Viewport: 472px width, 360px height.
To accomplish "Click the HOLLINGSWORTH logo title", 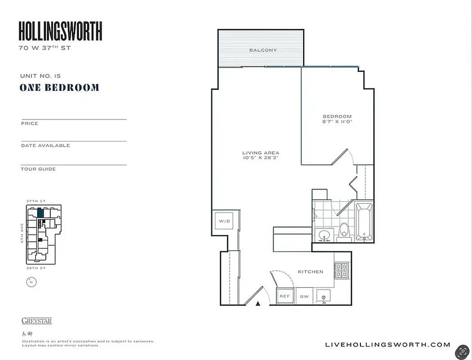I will pyautogui.click(x=60, y=31).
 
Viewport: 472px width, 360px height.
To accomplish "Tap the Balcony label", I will pyautogui.click(x=263, y=50).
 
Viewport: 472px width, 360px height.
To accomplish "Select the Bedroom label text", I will pyautogui.click(x=337, y=117).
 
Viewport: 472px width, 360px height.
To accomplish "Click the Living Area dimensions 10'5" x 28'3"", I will pyautogui.click(x=261, y=158).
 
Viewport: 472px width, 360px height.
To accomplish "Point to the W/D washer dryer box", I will pyautogui.click(x=224, y=221).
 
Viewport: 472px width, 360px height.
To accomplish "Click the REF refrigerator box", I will pyautogui.click(x=284, y=296).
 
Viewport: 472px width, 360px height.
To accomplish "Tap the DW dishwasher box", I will pyautogui.click(x=305, y=296).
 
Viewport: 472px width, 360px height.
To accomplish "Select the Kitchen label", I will pyautogui.click(x=310, y=272).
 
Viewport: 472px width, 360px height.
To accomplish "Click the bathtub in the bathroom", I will pyautogui.click(x=364, y=222).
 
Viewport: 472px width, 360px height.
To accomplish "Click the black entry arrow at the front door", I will pyautogui.click(x=258, y=304).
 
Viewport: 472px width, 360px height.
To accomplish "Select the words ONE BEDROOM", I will pyautogui.click(x=59, y=88).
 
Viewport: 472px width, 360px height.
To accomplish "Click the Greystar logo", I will pyautogui.click(x=36, y=321).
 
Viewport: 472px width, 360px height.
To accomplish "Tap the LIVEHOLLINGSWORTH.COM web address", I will pyautogui.click(x=387, y=345).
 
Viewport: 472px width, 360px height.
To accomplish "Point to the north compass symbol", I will pyautogui.click(x=31, y=282).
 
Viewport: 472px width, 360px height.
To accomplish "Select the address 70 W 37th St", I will pyautogui.click(x=45, y=48).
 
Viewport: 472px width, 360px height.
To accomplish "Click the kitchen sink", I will pyautogui.click(x=323, y=296).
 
